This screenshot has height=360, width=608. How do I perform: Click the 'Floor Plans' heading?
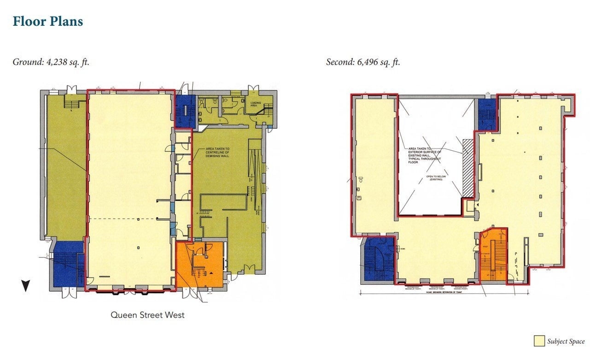[48, 21]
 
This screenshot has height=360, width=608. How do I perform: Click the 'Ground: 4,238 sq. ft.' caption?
[51, 62]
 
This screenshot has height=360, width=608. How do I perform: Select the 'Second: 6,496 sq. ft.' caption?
[363, 62]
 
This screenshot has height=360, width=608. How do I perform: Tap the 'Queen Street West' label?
[147, 315]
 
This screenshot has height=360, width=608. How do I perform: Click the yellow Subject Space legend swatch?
[539, 341]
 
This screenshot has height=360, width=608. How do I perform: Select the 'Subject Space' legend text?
[566, 342]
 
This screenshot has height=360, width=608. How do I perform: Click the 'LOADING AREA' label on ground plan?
[256, 104]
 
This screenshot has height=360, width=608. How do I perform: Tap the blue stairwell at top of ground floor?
[185, 111]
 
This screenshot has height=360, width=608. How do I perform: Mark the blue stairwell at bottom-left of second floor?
[379, 258]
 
